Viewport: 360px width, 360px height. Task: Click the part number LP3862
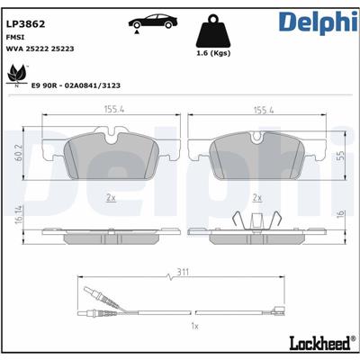26,24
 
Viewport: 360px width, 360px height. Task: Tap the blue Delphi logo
319,22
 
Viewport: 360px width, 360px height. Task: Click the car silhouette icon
153,22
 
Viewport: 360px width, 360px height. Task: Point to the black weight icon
213,31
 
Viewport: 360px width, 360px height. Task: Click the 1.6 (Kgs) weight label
213,53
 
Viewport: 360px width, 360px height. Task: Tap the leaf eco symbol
17,75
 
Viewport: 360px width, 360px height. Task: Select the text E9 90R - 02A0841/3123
76,85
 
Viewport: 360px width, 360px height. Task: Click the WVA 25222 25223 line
40,49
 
